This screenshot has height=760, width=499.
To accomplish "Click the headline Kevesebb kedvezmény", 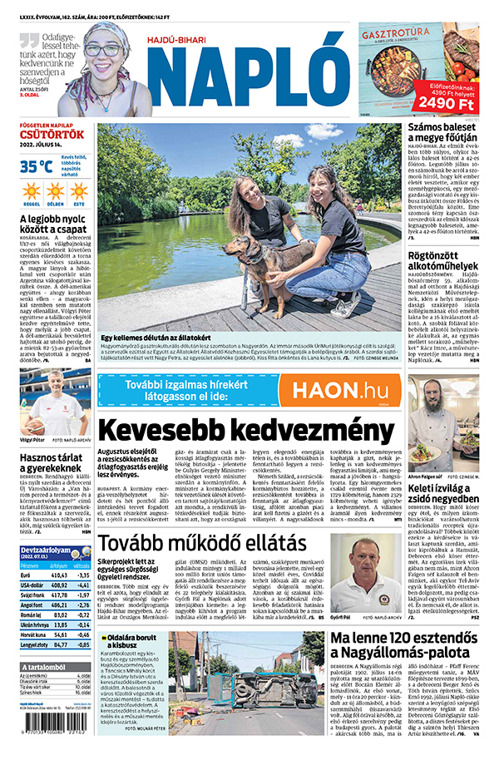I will [246, 431].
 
